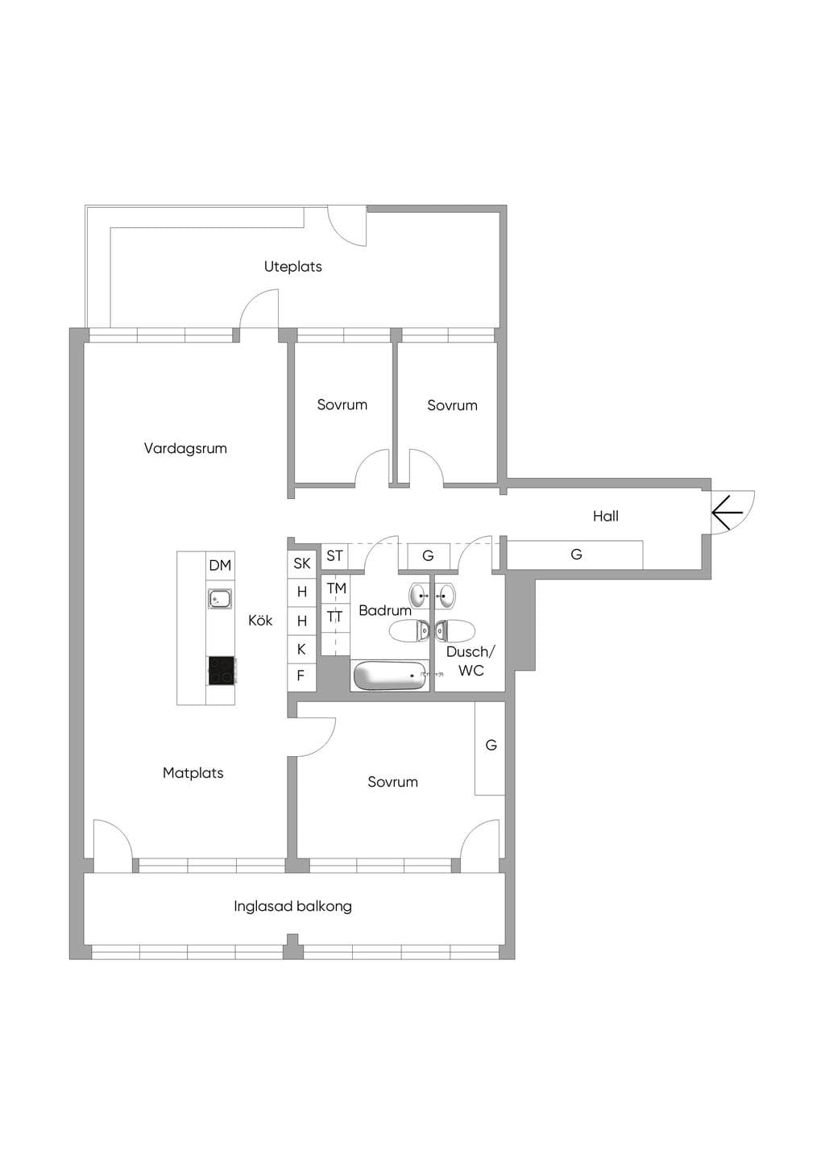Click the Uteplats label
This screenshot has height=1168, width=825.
(293, 267)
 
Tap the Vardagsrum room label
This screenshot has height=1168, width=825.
(185, 448)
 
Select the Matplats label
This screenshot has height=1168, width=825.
(193, 773)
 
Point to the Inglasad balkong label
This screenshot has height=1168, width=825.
(293, 906)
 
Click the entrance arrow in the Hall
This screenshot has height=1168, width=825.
(728, 513)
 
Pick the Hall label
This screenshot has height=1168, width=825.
(606, 516)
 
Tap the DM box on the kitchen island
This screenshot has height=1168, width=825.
(221, 565)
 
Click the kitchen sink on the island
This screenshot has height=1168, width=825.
(221, 599)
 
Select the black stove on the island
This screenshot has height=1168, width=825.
(222, 670)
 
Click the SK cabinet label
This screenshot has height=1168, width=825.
(302, 563)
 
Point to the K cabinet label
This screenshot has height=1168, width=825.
(301, 649)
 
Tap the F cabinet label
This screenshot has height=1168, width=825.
(301, 675)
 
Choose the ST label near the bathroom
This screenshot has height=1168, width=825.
(334, 556)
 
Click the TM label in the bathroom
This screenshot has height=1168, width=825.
(337, 588)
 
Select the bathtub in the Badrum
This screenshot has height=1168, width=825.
(391, 675)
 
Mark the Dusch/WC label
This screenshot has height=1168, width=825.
(471, 661)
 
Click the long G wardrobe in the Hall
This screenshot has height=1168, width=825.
(575, 555)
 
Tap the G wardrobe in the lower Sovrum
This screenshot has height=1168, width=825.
(490, 748)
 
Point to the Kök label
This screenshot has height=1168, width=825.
(260, 621)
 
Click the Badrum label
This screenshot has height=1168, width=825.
(385, 610)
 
